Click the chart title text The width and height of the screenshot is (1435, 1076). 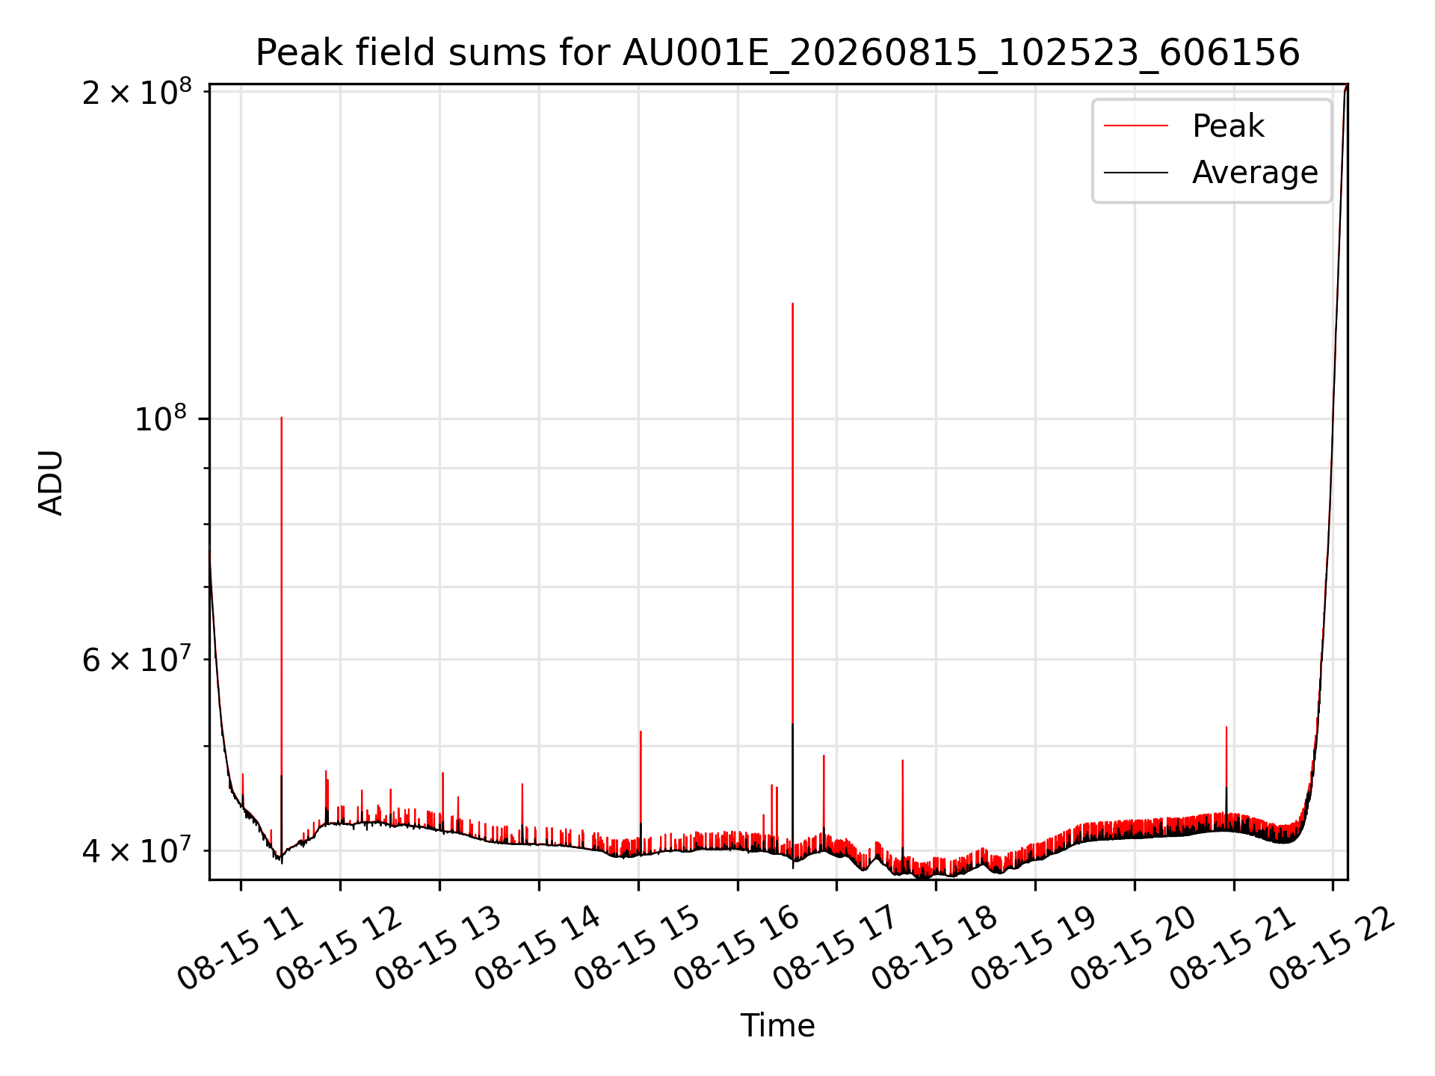pyautogui.click(x=777, y=53)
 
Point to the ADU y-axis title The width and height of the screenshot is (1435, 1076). pyautogui.click(x=51, y=482)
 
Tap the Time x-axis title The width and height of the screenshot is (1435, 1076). pyautogui.click(x=777, y=1025)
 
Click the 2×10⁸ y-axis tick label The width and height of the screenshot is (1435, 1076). pyautogui.click(x=137, y=93)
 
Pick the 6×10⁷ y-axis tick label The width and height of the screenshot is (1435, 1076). pyautogui.click(x=137, y=659)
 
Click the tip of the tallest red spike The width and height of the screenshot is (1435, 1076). pyautogui.click(x=792, y=303)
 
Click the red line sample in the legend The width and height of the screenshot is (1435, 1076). pyautogui.click(x=1136, y=126)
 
